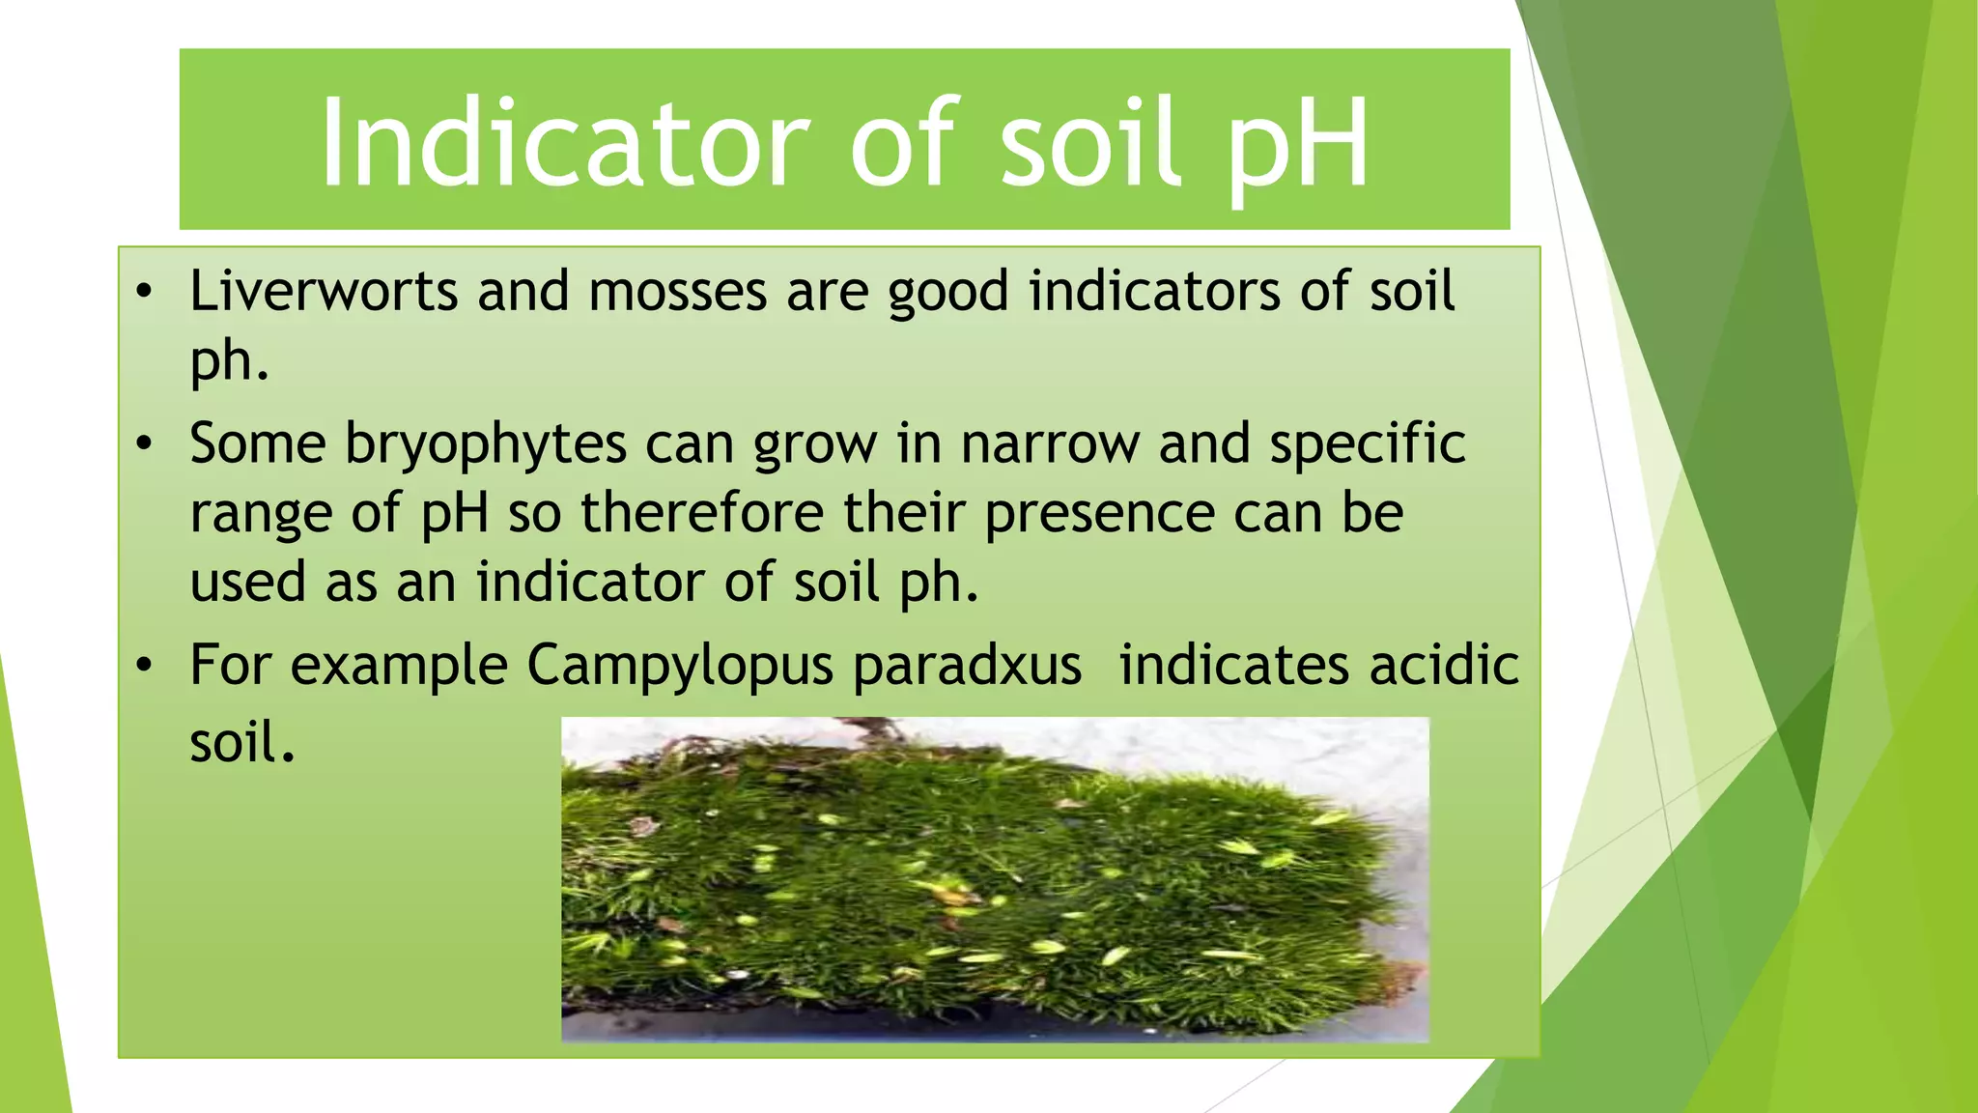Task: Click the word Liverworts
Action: [x=324, y=291]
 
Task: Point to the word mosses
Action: [x=677, y=293]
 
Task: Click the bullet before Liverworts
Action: [x=144, y=291]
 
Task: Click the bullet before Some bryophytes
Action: [x=144, y=444]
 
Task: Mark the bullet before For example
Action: [x=144, y=666]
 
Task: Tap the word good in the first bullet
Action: [x=948, y=293]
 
